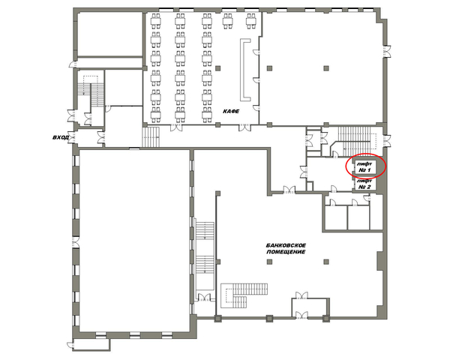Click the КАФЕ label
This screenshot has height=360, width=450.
point(231,112)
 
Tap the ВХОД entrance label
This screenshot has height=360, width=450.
point(61,137)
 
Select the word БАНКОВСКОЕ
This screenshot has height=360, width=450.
point(286,245)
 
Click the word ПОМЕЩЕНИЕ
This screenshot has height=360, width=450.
point(286,252)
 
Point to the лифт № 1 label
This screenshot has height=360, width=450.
point(364,167)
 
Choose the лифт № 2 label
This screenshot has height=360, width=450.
point(364,184)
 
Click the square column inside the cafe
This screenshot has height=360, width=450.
point(218,68)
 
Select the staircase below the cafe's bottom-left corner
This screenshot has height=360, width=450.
point(151,137)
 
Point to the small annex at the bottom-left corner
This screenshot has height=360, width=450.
point(91,344)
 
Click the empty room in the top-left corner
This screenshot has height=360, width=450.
point(110,34)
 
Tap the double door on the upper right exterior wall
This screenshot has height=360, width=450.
point(386,52)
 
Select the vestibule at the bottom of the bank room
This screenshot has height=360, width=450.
point(310,308)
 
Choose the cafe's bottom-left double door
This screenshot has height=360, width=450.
point(176,127)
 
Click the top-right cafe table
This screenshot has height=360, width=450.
point(250,21)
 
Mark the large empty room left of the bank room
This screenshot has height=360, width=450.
point(134,240)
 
